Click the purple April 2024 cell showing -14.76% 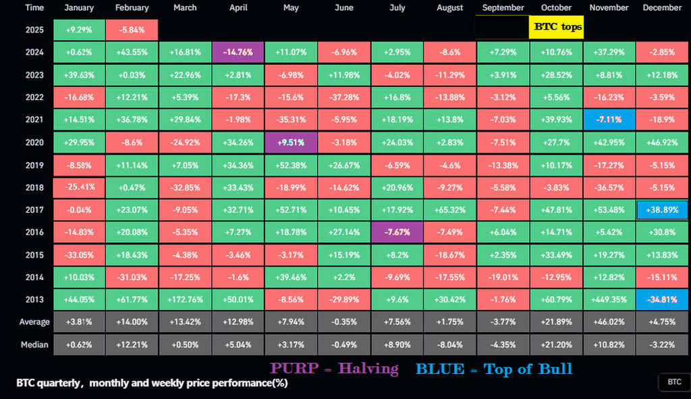pyautogui.click(x=238, y=52)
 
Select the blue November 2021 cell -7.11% pyautogui.click(x=609, y=119)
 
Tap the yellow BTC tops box pyautogui.click(x=556, y=28)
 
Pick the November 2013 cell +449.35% pyautogui.click(x=609, y=299)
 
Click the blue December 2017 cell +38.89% pyautogui.click(x=662, y=210)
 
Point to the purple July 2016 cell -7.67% pyautogui.click(x=397, y=232)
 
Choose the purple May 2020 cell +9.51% pyautogui.click(x=291, y=142)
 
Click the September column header pyautogui.click(x=503, y=8)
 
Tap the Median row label pyautogui.click(x=34, y=344)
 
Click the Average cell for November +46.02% pyautogui.click(x=609, y=322)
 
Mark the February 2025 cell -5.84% pyautogui.click(x=132, y=30)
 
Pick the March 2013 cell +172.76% pyautogui.click(x=185, y=299)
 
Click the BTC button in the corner pyautogui.click(x=674, y=382)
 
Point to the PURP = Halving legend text pyautogui.click(x=334, y=369)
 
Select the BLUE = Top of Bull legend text pyautogui.click(x=494, y=369)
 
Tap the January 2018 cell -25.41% pyautogui.click(x=80, y=187)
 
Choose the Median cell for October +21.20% pyautogui.click(x=556, y=344)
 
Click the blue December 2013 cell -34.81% pyautogui.click(x=662, y=299)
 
